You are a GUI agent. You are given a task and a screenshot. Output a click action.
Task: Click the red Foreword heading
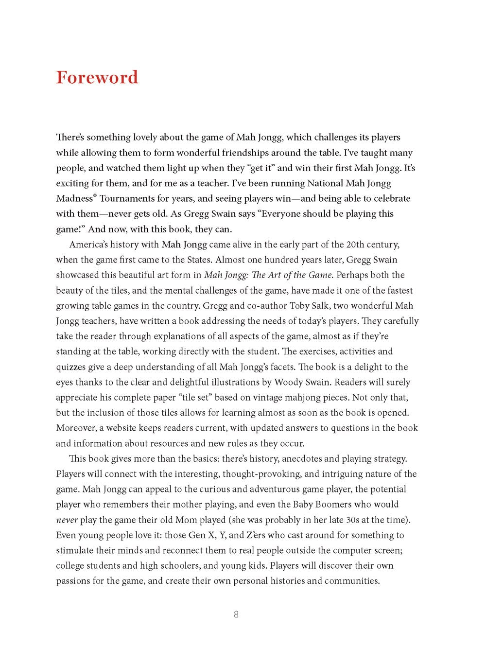97,78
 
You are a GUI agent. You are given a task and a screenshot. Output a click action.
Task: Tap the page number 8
236,614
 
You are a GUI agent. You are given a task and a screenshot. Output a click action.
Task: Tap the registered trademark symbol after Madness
95,196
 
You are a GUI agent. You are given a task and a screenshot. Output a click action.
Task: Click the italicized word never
67,520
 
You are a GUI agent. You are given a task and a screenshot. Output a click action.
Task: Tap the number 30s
344,520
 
